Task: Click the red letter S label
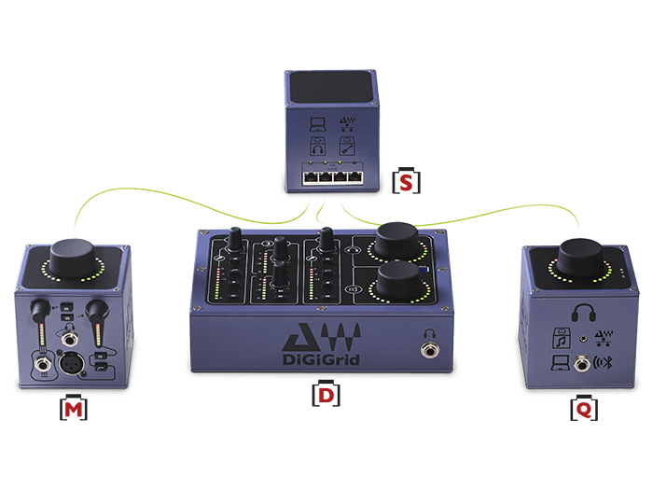click(406, 182)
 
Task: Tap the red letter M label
click(74, 410)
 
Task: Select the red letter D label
click(326, 396)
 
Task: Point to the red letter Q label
click(584, 411)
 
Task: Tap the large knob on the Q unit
click(580, 257)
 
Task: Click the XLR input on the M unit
click(71, 364)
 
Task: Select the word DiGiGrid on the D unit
click(321, 359)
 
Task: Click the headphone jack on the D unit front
click(429, 350)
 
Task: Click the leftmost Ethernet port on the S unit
click(311, 178)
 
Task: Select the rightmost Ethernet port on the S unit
click(354, 178)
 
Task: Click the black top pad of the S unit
click(331, 87)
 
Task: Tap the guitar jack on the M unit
click(43, 365)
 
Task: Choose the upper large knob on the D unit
click(396, 241)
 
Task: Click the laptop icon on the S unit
click(317, 124)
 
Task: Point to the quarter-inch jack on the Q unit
click(581, 364)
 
